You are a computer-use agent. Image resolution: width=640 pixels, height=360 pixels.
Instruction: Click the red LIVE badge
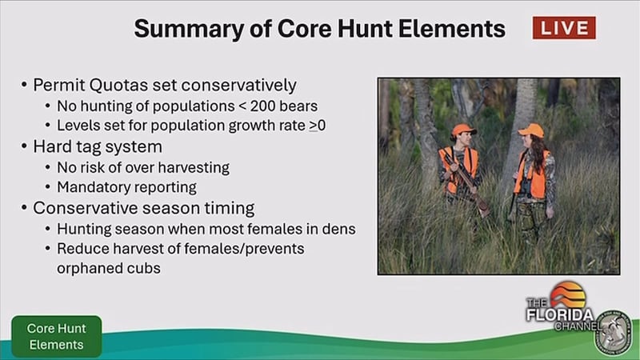pos(564,28)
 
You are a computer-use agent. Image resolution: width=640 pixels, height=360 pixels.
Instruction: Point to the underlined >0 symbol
pos(317,126)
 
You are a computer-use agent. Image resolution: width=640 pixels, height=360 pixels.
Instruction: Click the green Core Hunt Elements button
pos(56,336)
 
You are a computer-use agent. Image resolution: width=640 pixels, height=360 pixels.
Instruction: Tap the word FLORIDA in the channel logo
pos(559,315)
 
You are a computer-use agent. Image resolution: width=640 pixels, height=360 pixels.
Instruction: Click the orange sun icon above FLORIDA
pos(568,294)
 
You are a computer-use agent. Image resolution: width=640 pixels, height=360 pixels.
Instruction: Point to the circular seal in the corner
pos(613,333)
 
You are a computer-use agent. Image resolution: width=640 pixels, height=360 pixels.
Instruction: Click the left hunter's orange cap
pos(463,130)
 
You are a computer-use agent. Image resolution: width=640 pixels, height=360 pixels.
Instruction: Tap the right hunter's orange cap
pos(532,130)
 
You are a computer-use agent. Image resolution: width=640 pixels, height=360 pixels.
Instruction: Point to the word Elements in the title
pos(452,30)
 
